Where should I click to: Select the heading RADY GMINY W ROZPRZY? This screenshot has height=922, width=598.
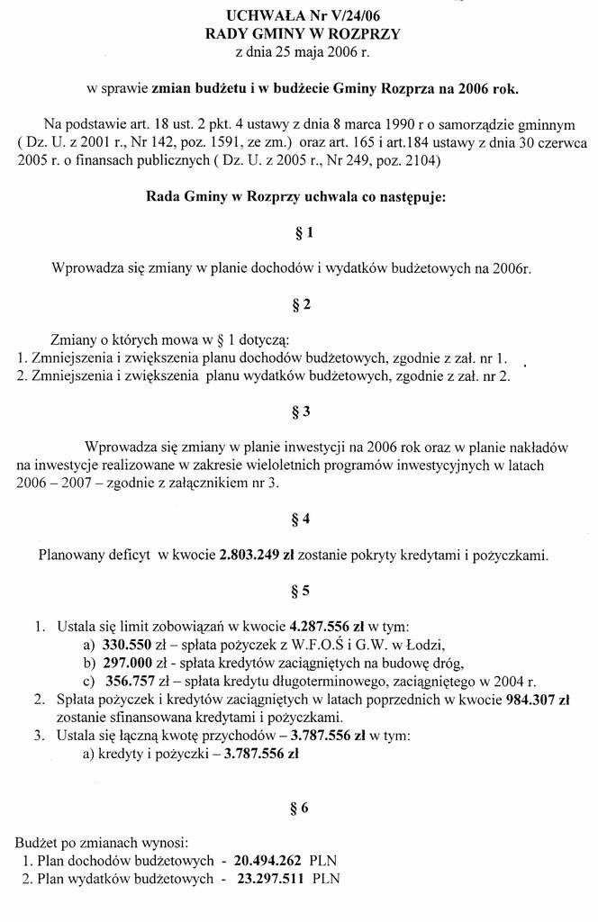point(303,33)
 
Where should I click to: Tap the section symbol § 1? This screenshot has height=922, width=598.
point(304,233)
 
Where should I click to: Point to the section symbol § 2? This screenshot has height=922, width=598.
point(304,304)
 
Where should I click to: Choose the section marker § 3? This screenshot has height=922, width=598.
point(304,411)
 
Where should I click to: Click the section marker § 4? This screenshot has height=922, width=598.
point(304,519)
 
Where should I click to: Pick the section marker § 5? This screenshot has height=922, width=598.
point(304,591)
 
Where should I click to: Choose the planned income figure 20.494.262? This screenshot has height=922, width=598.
point(267,860)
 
